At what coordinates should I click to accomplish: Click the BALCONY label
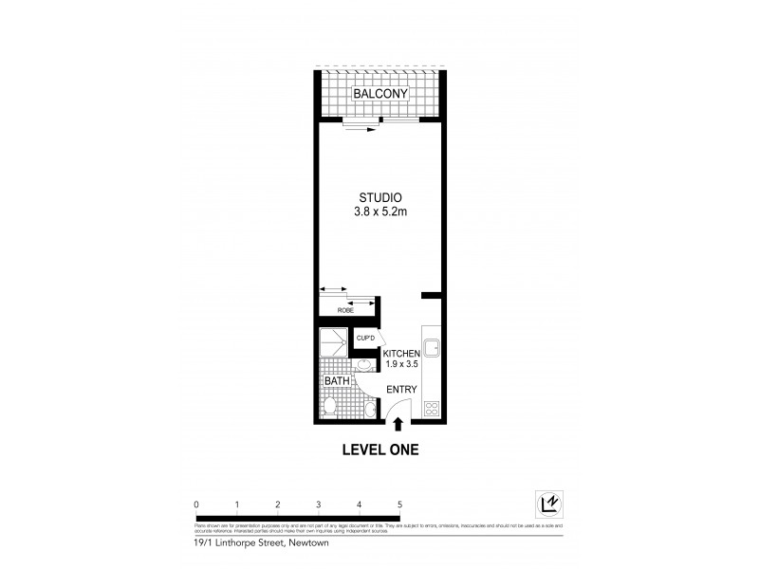point(380,95)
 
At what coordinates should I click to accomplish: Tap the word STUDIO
point(379,197)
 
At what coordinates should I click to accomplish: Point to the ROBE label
point(346,309)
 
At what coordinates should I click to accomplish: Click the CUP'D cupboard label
point(365,337)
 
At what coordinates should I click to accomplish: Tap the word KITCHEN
point(401,353)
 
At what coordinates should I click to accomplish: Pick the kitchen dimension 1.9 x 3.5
point(401,364)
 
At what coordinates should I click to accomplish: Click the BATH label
point(337,382)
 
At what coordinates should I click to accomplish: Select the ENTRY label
point(401,389)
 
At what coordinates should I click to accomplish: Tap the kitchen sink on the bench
point(432,348)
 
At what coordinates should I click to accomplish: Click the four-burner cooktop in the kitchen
point(432,410)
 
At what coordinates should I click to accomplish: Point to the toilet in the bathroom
point(328,408)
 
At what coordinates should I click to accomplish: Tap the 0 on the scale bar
point(195,505)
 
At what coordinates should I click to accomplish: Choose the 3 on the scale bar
point(319,505)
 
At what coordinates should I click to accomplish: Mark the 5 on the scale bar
point(400,505)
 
